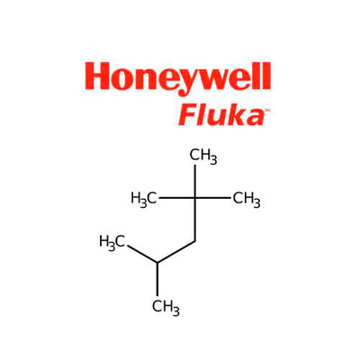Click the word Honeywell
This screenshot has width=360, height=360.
177,78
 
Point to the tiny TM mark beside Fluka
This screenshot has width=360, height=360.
267,111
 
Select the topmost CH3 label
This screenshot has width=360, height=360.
203,157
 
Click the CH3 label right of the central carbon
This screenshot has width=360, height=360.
247,200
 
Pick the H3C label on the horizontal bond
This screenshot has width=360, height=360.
144,200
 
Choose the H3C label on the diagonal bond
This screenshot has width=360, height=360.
112,243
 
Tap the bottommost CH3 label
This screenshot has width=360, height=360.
166,308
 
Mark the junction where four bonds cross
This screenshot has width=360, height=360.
195,198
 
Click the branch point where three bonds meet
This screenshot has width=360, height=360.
157,263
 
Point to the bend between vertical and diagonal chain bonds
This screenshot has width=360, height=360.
195,241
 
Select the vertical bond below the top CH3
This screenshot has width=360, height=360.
195,182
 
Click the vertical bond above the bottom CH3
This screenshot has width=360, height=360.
157,279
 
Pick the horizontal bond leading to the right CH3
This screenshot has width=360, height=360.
213,198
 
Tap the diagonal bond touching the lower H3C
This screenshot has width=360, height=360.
142,254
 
